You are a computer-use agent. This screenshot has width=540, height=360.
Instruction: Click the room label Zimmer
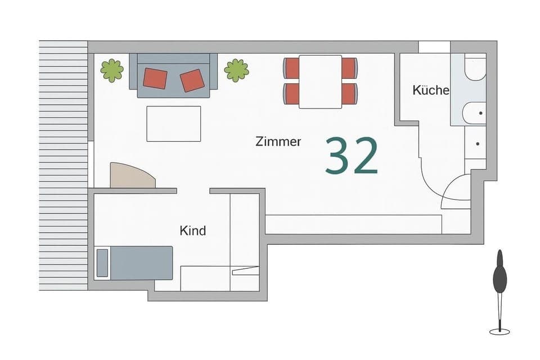[x=278, y=142]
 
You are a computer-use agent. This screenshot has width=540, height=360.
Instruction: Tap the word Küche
[x=430, y=90]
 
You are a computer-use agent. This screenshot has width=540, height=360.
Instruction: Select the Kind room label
[x=192, y=231]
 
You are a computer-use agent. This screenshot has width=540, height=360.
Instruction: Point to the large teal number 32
[x=352, y=156]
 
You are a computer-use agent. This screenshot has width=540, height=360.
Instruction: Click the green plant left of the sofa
[x=112, y=70]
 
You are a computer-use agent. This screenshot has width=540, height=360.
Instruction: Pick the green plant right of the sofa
[x=236, y=70]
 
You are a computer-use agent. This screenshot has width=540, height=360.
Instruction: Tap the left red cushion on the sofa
[x=155, y=78]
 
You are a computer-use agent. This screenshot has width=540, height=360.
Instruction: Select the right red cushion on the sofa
[x=192, y=80]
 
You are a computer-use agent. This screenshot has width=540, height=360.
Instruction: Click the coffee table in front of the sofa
[x=174, y=124]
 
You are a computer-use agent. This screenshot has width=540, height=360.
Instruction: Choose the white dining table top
[x=320, y=82]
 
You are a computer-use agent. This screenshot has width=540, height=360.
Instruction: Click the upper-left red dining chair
[x=291, y=68]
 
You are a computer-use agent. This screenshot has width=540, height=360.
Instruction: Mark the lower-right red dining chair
[x=349, y=93]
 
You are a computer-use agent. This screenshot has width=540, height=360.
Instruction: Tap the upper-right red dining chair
[x=349, y=68]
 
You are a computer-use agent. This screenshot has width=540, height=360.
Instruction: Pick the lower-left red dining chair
[x=291, y=93]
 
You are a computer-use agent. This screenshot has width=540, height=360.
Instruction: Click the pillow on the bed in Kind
[x=102, y=263]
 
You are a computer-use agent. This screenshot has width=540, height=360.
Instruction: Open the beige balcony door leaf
[x=130, y=177]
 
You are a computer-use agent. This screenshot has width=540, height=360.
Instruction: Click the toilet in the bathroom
[x=476, y=68]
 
